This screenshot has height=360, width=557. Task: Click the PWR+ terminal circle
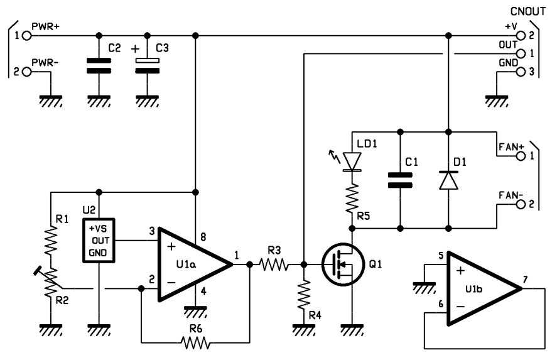point(26,36)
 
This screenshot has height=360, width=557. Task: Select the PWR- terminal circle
point(26,72)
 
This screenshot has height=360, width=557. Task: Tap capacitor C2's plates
point(99,66)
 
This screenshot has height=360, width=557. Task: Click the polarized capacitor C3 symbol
point(148,66)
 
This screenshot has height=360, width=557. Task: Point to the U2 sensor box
point(99,241)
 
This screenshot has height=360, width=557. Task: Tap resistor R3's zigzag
point(274,265)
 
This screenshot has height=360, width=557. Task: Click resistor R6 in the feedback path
point(195,342)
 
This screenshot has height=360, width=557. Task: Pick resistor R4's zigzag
point(304,295)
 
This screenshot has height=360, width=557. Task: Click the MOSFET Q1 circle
point(343,265)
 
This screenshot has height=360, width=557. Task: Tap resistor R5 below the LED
point(352,199)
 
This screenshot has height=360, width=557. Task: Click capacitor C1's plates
point(400,180)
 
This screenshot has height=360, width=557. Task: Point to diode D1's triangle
point(448,180)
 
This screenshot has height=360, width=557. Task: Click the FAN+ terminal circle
point(521,156)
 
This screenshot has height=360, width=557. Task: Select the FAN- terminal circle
point(521,204)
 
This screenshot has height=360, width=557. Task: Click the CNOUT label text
point(527,12)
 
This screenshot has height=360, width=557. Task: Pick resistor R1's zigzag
point(51,241)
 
